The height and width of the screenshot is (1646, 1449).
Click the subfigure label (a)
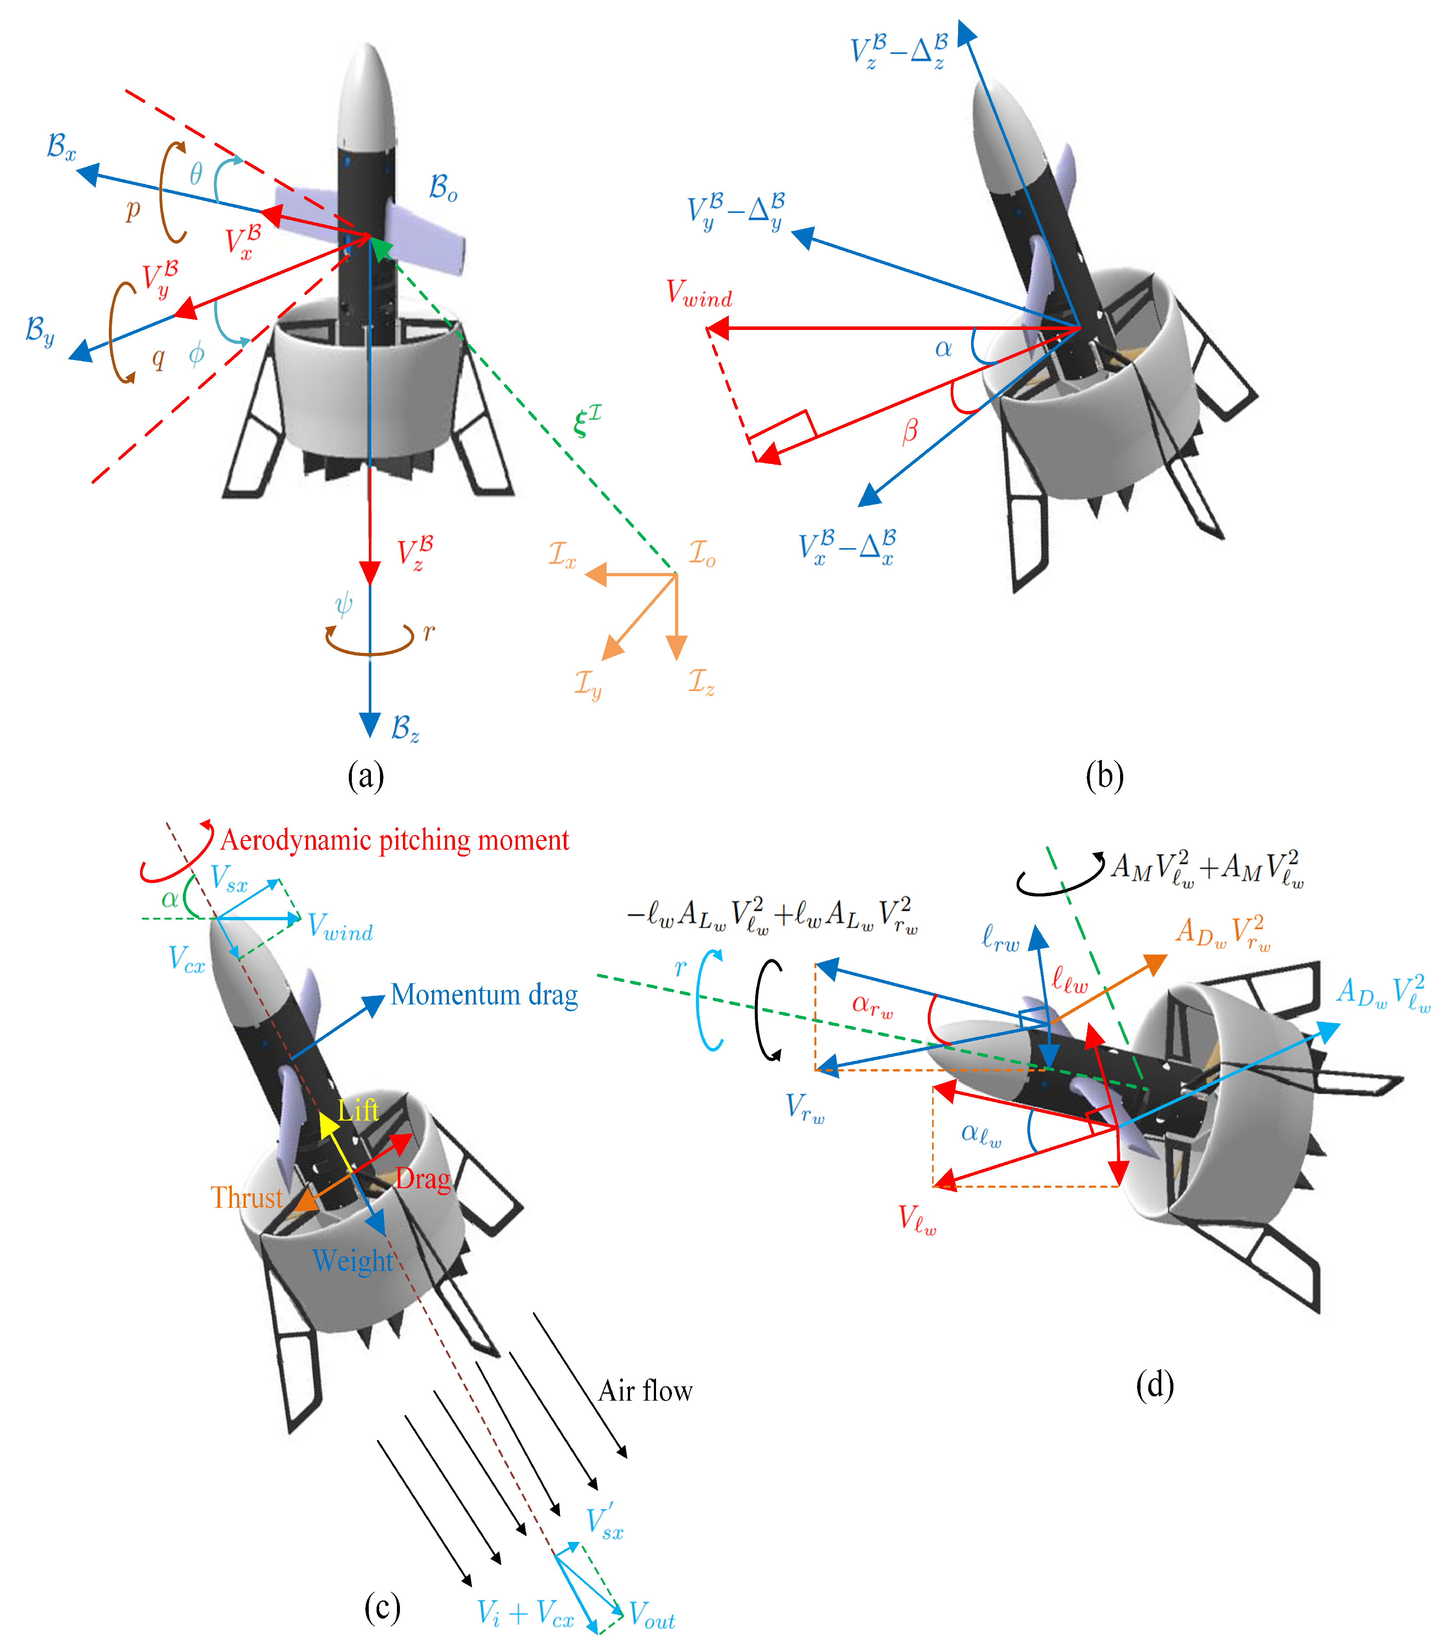(x=365, y=776)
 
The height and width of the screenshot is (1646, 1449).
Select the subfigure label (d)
(x=1154, y=1385)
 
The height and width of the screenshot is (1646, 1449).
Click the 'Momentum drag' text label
(x=484, y=995)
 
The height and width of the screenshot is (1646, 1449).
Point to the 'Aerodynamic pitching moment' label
(x=394, y=840)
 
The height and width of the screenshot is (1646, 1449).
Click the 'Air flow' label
(x=645, y=1391)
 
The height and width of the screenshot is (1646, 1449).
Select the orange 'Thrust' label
(x=246, y=1197)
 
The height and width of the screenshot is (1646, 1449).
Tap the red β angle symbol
(x=910, y=432)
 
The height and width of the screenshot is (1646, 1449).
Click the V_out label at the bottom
(x=651, y=1615)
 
